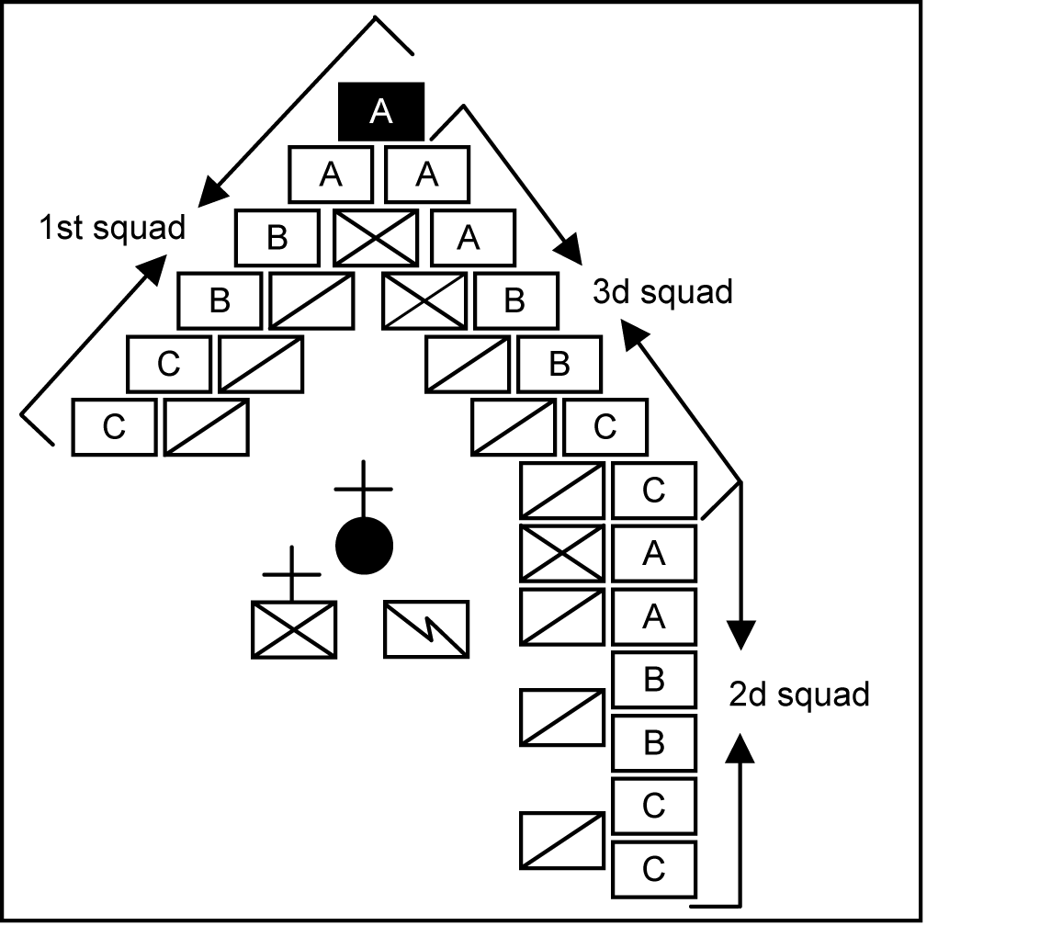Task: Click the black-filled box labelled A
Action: pyautogui.click(x=381, y=111)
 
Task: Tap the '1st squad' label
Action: pyautogui.click(x=112, y=227)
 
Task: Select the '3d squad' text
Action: pyautogui.click(x=662, y=292)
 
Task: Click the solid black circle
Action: pyautogui.click(x=365, y=546)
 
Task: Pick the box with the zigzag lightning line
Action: pyautogui.click(x=426, y=629)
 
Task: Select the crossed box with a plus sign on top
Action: pyautogui.click(x=294, y=629)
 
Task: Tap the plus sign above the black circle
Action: pyautogui.click(x=364, y=488)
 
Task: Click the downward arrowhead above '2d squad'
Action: pyautogui.click(x=741, y=635)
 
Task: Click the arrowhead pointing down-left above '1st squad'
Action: pyautogui.click(x=210, y=190)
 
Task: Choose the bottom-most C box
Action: pyautogui.click(x=653, y=869)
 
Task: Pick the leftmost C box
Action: pyautogui.click(x=114, y=427)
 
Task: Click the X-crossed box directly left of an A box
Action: pyautogui.click(x=562, y=553)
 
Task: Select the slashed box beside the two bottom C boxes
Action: pyautogui.click(x=562, y=840)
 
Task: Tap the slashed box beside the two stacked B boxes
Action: pyautogui.click(x=562, y=717)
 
